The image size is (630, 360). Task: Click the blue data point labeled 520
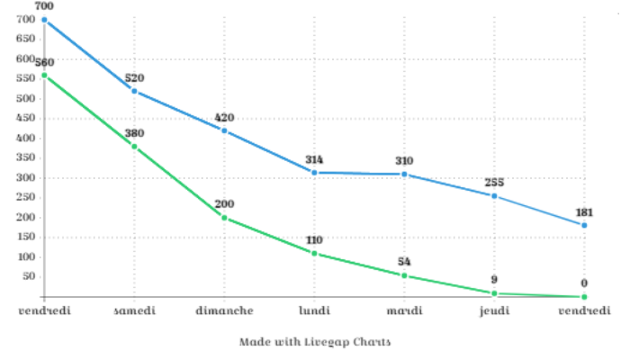click(134, 91)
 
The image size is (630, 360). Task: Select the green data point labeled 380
click(134, 146)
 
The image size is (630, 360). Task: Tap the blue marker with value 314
click(314, 172)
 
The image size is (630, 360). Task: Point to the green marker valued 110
click(314, 253)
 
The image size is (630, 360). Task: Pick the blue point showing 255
click(494, 195)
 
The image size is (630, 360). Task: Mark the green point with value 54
click(404, 275)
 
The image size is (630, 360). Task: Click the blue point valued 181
click(584, 225)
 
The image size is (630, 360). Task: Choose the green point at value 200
click(224, 218)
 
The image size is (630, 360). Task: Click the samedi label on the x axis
click(134, 310)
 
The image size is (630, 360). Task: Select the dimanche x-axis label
click(224, 310)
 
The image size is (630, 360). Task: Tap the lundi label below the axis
click(314, 310)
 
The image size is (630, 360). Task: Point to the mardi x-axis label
click(404, 310)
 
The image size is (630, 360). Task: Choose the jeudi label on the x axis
click(494, 310)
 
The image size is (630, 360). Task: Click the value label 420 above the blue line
click(224, 118)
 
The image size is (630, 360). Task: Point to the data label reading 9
click(494, 280)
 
